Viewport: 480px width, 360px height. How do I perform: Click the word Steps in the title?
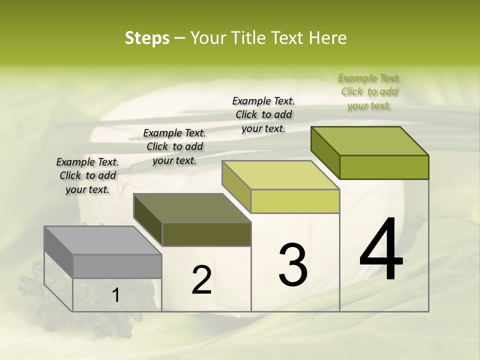[147, 38]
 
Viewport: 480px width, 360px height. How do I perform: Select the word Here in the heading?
[327, 38]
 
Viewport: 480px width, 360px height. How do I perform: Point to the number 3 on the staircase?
[293, 264]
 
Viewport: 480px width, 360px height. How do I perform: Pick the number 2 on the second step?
[201, 280]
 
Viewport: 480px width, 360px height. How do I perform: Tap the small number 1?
[115, 295]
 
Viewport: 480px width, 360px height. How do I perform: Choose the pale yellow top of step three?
[280, 175]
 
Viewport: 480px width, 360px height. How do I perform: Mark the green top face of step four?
[369, 141]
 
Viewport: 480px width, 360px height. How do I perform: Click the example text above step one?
[87, 175]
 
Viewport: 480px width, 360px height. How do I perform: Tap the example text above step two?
[174, 146]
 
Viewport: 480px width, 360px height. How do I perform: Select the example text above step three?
[263, 114]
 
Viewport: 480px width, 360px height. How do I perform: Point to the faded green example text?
[369, 91]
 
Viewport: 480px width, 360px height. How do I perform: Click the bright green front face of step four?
[384, 167]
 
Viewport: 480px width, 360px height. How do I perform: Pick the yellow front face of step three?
[295, 201]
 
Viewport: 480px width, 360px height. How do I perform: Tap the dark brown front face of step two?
[206, 234]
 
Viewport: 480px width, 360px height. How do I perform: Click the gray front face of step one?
[117, 266]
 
